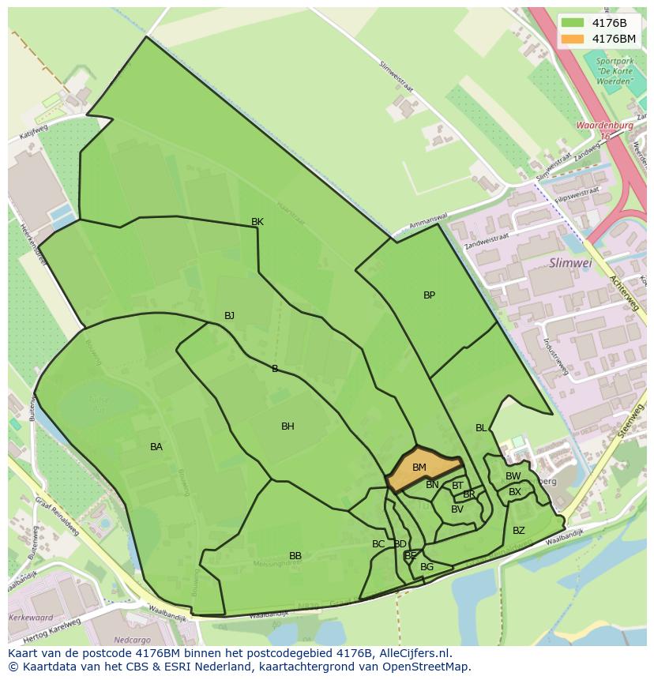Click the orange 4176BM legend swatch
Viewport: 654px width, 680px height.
coord(573,39)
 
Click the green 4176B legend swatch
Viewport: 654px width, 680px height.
coord(573,23)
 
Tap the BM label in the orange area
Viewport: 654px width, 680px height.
coord(419,468)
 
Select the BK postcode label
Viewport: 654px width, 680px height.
coord(257,222)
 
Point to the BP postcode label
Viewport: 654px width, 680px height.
coord(429,295)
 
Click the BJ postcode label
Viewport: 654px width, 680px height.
coord(229,316)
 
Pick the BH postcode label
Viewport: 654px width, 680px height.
coord(288,426)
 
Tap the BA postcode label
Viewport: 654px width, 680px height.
coord(156,447)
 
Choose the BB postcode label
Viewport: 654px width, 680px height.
coord(295,556)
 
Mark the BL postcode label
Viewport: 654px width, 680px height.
coord(481,428)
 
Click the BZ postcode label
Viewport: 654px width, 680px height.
coord(519,531)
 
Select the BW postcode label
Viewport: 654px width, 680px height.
coord(513,476)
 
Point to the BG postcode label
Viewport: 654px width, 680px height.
coord(427,567)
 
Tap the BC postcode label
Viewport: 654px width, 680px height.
coord(378,544)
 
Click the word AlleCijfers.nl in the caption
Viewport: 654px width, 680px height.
coord(412,653)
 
